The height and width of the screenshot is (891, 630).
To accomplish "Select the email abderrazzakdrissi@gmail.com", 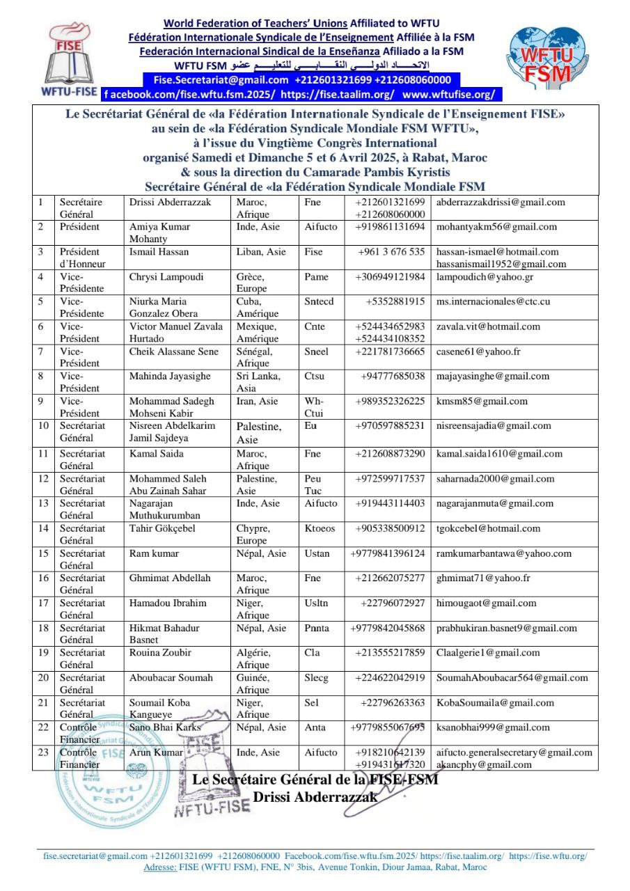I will (501, 203).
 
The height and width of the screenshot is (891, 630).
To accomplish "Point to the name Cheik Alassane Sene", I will (173, 352).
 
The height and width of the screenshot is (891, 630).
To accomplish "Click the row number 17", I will (43, 604).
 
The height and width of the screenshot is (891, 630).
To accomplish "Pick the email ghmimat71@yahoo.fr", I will (483, 578).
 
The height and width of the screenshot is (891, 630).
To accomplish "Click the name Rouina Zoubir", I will (160, 653).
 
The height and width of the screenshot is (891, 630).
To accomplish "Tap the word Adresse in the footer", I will (160, 867).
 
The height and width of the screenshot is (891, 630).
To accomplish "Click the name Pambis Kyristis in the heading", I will (400, 172).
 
